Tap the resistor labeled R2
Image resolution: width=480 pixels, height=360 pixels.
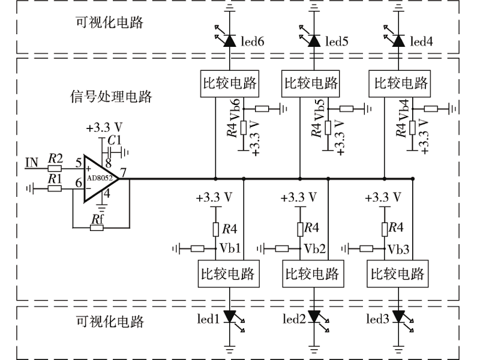55,169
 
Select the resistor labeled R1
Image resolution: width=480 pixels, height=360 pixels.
55,188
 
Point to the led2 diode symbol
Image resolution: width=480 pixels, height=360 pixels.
313,317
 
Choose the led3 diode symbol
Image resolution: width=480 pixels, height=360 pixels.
398,317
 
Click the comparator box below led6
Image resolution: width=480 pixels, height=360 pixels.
229,83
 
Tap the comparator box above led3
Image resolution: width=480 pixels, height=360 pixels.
398,274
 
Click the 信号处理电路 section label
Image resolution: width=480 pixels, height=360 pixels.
110,96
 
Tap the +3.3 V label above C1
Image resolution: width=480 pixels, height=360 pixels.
104,128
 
